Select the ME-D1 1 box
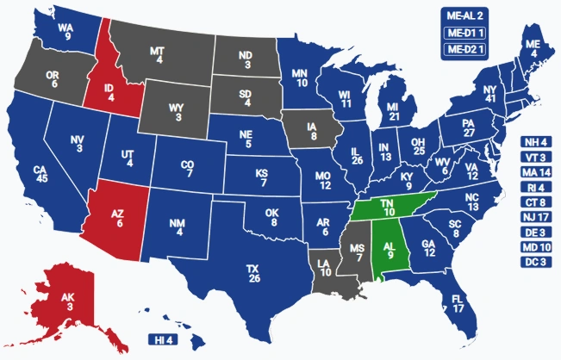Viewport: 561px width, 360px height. (x=466, y=33)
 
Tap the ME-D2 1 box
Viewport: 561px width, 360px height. (x=466, y=49)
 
